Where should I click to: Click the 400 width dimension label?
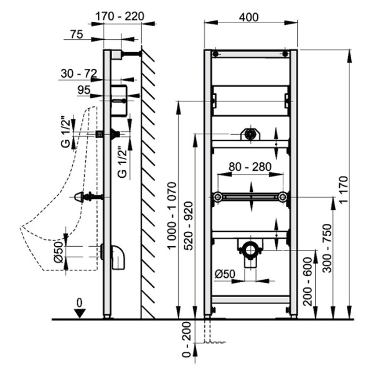248,17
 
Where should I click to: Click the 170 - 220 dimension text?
120,16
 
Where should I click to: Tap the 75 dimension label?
77,34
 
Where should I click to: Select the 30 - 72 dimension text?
79,73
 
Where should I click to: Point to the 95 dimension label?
84,90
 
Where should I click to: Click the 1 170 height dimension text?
344,190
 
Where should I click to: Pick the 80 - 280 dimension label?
250,167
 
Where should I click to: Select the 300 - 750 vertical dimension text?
327,248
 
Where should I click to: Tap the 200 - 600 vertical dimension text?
308,282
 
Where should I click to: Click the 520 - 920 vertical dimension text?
189,226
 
